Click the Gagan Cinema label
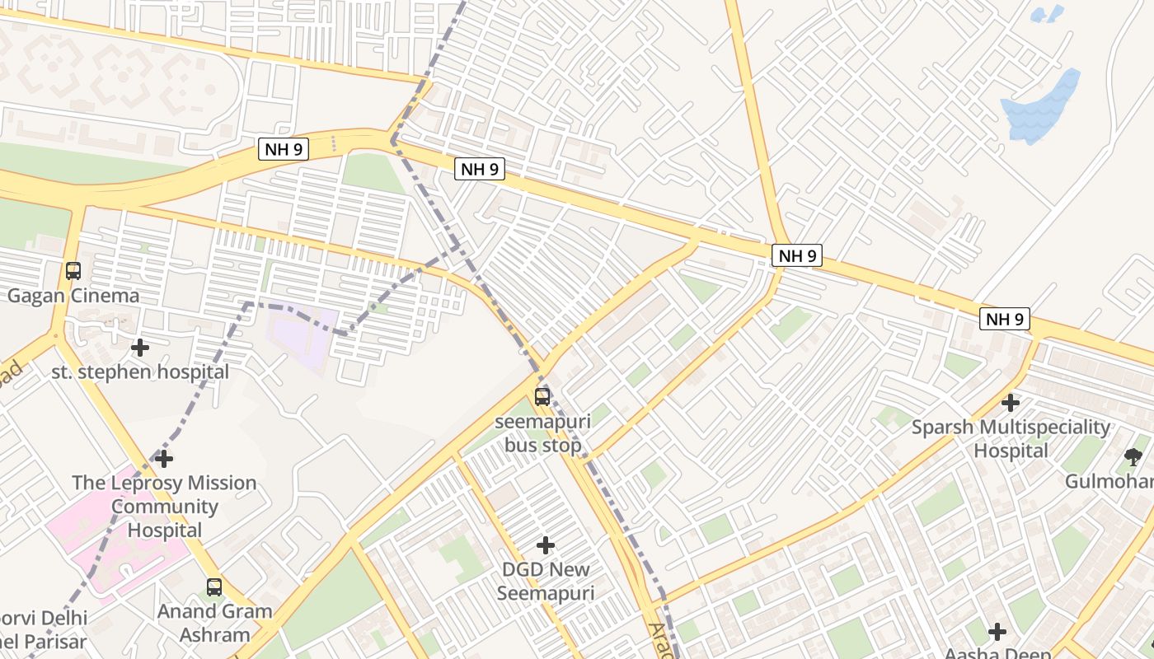pyautogui.click(x=73, y=296)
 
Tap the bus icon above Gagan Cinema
pyautogui.click(x=73, y=270)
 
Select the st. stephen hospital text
pyautogui.click(x=140, y=372)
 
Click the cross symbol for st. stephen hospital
pyautogui.click(x=140, y=348)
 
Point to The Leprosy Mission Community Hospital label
pyautogui.click(x=164, y=507)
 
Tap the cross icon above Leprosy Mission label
pyautogui.click(x=164, y=458)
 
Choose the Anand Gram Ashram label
pyautogui.click(x=214, y=623)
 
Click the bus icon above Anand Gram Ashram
pyautogui.click(x=214, y=587)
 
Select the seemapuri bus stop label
pyautogui.click(x=542, y=433)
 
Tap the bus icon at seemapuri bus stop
pyautogui.click(x=542, y=397)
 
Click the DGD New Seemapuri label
pyautogui.click(x=545, y=581)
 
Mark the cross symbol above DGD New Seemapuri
pyautogui.click(x=545, y=545)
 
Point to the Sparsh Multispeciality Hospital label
pyautogui.click(x=1011, y=439)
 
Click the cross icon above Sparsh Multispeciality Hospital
pyautogui.click(x=1011, y=403)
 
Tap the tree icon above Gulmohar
pyautogui.click(x=1133, y=456)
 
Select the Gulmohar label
pyautogui.click(x=1109, y=481)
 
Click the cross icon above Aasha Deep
pyautogui.click(x=997, y=632)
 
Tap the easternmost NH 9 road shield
pyautogui.click(x=1005, y=319)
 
